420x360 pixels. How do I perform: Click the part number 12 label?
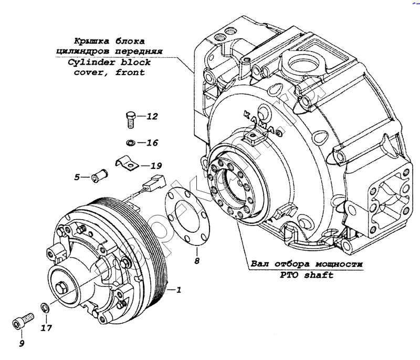152,117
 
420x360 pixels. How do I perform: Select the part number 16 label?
152,142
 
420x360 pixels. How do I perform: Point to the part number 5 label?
77,178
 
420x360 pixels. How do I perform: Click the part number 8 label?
197,261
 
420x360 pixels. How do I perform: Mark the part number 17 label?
47,328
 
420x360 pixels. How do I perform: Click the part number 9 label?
22,344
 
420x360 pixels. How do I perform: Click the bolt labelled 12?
131,120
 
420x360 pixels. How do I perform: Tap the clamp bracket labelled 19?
126,164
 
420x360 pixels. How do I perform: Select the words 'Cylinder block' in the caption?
109,62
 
